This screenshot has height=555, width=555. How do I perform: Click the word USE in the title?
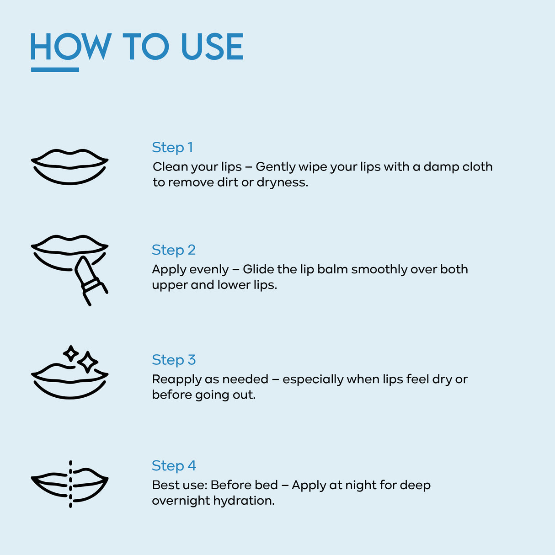click(212, 46)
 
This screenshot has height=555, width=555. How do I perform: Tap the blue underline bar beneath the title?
click(55, 69)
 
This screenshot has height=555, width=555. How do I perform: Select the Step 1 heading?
click(172, 148)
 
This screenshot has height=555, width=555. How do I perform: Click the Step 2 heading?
click(174, 250)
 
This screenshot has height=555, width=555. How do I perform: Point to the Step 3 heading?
click(174, 360)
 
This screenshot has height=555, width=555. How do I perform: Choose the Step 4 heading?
click(174, 466)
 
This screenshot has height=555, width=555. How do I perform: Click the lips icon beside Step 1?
click(69, 167)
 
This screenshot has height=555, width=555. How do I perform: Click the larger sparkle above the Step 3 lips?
click(88, 362)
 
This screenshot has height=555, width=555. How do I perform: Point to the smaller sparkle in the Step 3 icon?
click(71, 353)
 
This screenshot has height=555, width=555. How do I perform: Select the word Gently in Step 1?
click(276, 167)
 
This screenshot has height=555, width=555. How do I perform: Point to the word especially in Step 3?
click(313, 379)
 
